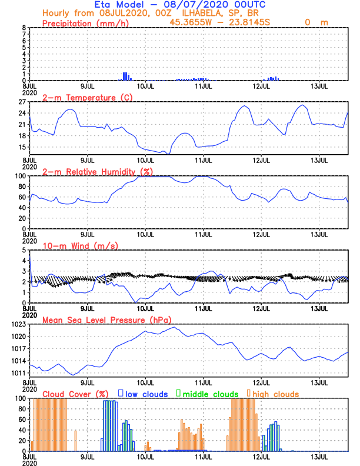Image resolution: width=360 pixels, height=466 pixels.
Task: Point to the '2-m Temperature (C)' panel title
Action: (88, 97)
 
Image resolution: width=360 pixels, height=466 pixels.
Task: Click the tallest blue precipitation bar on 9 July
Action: (125, 76)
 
